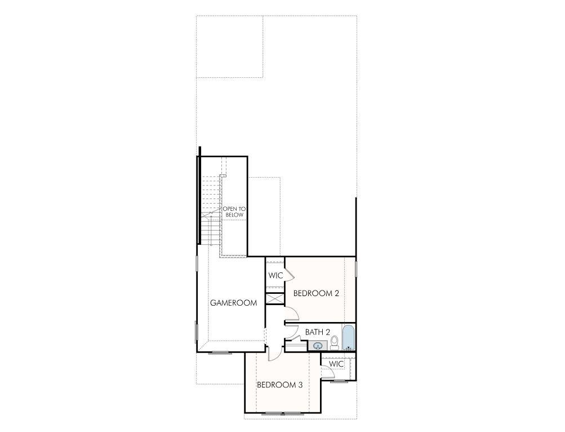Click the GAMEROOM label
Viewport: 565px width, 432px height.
click(233, 303)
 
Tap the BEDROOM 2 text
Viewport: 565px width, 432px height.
click(316, 293)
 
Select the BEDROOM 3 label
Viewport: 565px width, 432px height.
click(280, 385)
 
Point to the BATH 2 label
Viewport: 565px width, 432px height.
click(317, 332)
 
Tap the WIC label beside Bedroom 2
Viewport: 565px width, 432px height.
click(275, 276)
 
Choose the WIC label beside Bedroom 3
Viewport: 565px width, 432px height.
click(336, 364)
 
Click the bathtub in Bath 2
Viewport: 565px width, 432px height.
click(348, 338)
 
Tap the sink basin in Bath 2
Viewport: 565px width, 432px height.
click(318, 346)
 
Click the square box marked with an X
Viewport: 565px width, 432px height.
click(275, 299)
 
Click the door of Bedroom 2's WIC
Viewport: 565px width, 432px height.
click(289, 273)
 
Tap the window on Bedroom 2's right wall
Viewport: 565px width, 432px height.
click(356, 268)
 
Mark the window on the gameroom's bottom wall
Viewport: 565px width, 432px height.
click(220, 352)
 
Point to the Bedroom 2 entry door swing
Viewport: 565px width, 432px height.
click(292, 314)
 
